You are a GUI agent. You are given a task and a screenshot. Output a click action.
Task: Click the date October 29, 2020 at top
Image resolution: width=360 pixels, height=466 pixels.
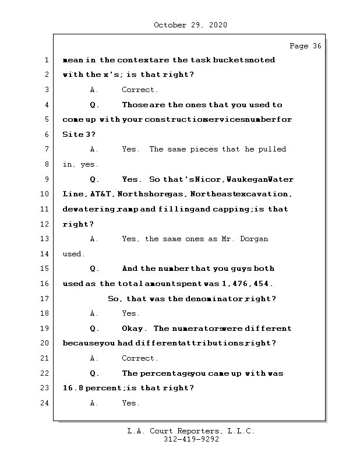click(x=190, y=25)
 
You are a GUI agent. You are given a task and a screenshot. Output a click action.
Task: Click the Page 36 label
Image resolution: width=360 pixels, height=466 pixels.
click(x=305, y=46)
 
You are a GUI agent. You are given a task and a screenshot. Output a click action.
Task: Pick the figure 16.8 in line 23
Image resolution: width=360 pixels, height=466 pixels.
click(x=72, y=388)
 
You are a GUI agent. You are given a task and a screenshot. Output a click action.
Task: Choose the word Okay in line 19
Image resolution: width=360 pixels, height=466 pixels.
click(x=135, y=329)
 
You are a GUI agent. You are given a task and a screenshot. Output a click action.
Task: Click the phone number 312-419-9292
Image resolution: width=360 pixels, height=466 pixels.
click(x=192, y=440)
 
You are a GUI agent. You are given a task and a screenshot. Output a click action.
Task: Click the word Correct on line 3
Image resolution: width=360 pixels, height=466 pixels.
click(x=139, y=90)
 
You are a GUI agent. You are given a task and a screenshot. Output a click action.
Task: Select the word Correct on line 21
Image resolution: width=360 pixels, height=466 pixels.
click(x=139, y=358)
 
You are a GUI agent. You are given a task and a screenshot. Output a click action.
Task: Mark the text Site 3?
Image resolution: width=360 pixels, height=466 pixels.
click(x=79, y=135)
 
